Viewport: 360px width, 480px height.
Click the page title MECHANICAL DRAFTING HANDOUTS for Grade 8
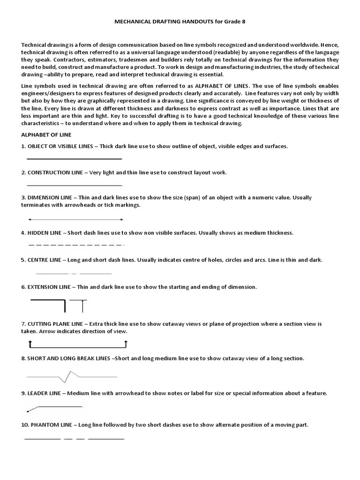tap(180, 22)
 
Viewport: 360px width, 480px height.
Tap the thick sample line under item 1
tap(75, 159)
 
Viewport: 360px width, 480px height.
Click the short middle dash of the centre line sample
tap(74, 273)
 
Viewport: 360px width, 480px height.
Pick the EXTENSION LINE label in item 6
tap(52, 286)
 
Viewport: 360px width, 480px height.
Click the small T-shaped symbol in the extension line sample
tap(82, 305)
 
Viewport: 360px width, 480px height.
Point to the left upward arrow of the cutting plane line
tap(30, 345)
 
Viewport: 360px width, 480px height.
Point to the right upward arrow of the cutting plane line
tap(126, 345)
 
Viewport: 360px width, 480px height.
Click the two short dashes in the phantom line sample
tap(74, 439)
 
